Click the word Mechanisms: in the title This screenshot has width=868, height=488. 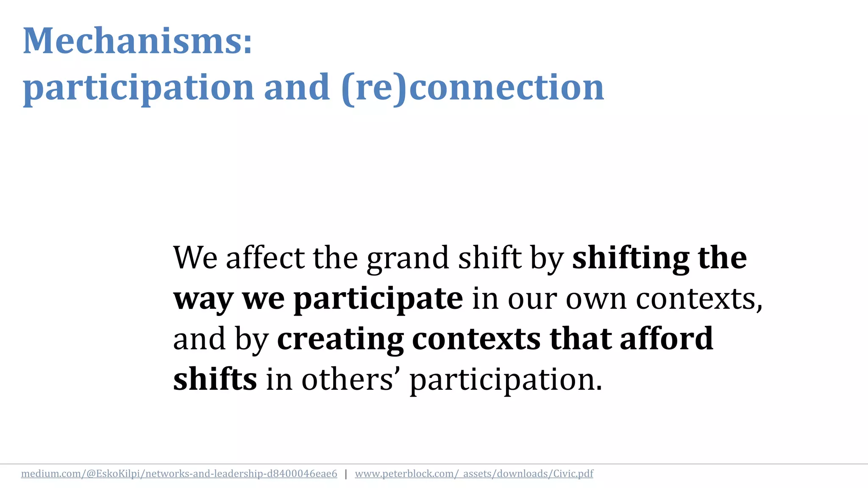pyautogui.click(x=137, y=41)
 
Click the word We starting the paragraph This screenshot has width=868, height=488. pyautogui.click(x=195, y=258)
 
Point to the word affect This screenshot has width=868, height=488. pyautogui.click(x=265, y=258)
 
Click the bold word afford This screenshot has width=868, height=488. pyautogui.click(x=666, y=339)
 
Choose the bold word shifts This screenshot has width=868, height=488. pyautogui.click(x=215, y=379)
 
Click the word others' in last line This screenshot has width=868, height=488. pyautogui.click(x=351, y=379)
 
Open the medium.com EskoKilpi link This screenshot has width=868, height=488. pyautogui.click(x=179, y=474)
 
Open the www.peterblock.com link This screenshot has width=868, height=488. pyautogui.click(x=474, y=474)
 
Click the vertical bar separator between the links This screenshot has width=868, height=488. pyautogui.click(x=346, y=474)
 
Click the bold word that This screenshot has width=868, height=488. pyautogui.click(x=580, y=339)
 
